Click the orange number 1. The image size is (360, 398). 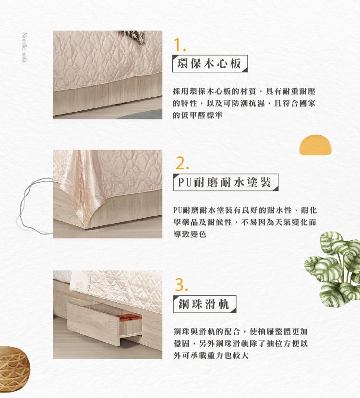pyautogui.click(x=179, y=45)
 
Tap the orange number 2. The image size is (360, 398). pyautogui.click(x=182, y=164)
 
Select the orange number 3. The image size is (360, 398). pyautogui.click(x=181, y=285)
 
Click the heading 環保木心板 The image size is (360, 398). pyautogui.click(x=209, y=63)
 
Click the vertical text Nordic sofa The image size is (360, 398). pyautogui.click(x=24, y=47)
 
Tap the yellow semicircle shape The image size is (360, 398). pyautogui.click(x=315, y=145)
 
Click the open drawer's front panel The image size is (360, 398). pyautogui.click(x=94, y=324)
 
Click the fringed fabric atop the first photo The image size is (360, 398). pyautogui.click(x=134, y=37)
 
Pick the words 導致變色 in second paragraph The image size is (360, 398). pyautogui.click(x=190, y=234)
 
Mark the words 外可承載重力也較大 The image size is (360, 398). pyautogui.click(x=211, y=355)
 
